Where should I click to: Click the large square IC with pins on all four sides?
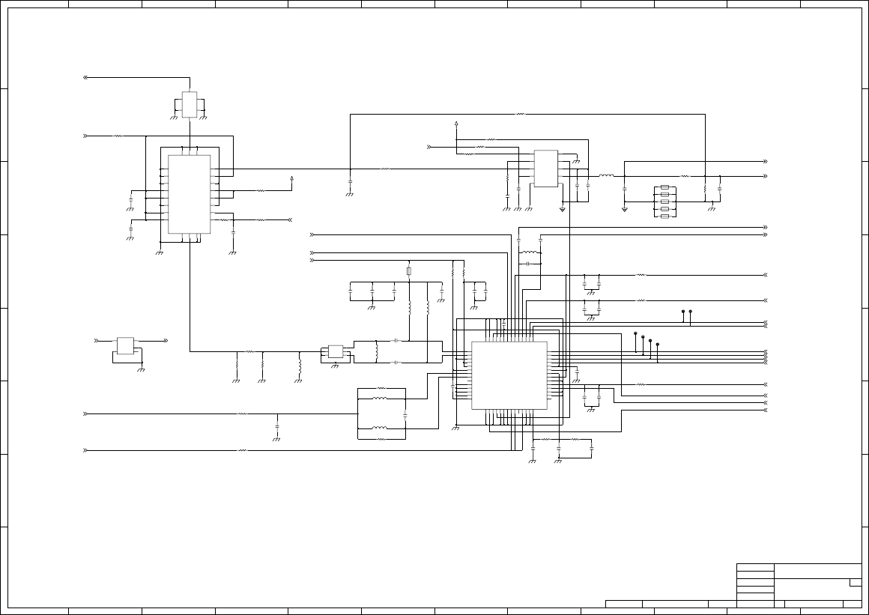509,375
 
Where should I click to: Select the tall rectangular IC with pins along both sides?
189,194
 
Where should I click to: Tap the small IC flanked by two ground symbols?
189,104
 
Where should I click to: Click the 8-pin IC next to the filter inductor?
545,169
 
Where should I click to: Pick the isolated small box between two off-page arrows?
125,345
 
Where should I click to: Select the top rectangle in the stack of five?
664,187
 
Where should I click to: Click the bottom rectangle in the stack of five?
664,216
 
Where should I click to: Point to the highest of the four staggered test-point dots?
635,333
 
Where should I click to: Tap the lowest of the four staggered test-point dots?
657,345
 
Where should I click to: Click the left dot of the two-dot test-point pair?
682,311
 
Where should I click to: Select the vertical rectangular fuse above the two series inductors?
409,270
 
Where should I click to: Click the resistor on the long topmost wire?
521,115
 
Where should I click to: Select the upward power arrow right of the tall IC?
291,179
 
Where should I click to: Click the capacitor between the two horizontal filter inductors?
405,413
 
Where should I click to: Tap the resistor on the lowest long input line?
242,450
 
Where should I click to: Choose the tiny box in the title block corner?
855,582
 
